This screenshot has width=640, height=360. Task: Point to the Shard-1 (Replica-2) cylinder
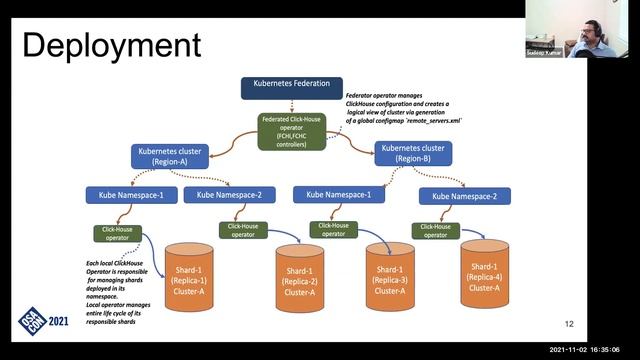click(x=300, y=279)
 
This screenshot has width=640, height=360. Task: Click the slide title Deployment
click(x=111, y=45)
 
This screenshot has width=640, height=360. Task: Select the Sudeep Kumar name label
click(x=544, y=52)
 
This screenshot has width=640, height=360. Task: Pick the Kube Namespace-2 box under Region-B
click(x=465, y=196)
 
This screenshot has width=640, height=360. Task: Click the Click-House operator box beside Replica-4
click(x=436, y=230)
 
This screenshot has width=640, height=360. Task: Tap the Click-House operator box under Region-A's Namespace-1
click(x=118, y=233)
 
